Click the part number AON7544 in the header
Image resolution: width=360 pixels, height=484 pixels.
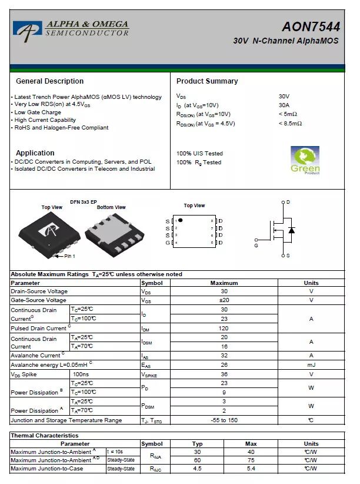point(311,26)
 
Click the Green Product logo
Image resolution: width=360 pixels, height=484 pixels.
point(305,160)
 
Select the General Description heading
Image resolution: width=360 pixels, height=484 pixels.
point(49,81)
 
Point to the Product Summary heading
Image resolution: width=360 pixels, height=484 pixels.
point(207,81)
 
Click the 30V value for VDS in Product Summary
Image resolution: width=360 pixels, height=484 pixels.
point(284,96)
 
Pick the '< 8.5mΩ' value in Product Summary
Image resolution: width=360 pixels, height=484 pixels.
point(290,124)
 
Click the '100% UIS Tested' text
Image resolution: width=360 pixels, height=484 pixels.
point(199,154)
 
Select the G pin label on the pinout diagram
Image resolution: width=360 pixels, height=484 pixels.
point(168,243)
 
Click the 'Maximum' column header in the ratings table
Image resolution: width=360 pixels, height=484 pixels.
point(224,283)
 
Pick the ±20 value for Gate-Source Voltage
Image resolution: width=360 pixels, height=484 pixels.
point(224,300)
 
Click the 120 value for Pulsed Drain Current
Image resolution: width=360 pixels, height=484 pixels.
point(224,328)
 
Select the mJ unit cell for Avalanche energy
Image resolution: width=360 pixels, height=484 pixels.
point(311,365)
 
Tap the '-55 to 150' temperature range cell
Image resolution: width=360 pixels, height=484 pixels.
point(224,420)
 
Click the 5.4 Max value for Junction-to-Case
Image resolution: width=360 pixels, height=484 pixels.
point(251,469)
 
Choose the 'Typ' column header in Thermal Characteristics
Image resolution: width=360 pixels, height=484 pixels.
point(198,444)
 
